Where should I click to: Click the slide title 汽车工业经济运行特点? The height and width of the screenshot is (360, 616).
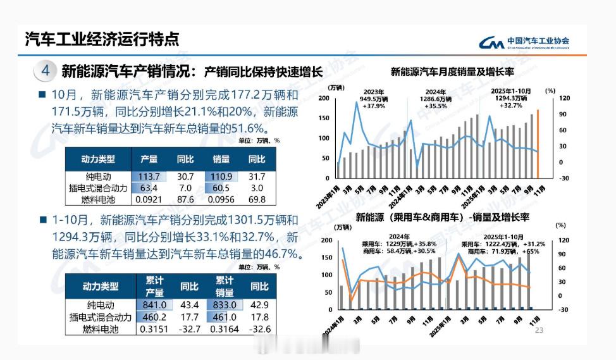[101, 39]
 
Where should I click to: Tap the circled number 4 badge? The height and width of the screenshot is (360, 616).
[46, 70]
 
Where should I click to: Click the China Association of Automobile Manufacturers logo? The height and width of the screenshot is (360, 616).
[524, 42]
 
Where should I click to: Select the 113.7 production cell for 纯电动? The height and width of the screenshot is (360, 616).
[149, 176]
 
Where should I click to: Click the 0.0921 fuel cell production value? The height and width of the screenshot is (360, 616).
[149, 199]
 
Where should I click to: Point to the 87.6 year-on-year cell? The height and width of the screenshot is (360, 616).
[185, 199]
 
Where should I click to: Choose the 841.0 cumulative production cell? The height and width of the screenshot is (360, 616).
[154, 305]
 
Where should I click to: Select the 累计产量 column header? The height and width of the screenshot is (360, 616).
[154, 287]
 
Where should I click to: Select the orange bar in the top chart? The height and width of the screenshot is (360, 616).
[538, 144]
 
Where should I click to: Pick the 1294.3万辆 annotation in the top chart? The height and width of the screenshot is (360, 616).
[512, 98]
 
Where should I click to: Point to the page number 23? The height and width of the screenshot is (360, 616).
[539, 330]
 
